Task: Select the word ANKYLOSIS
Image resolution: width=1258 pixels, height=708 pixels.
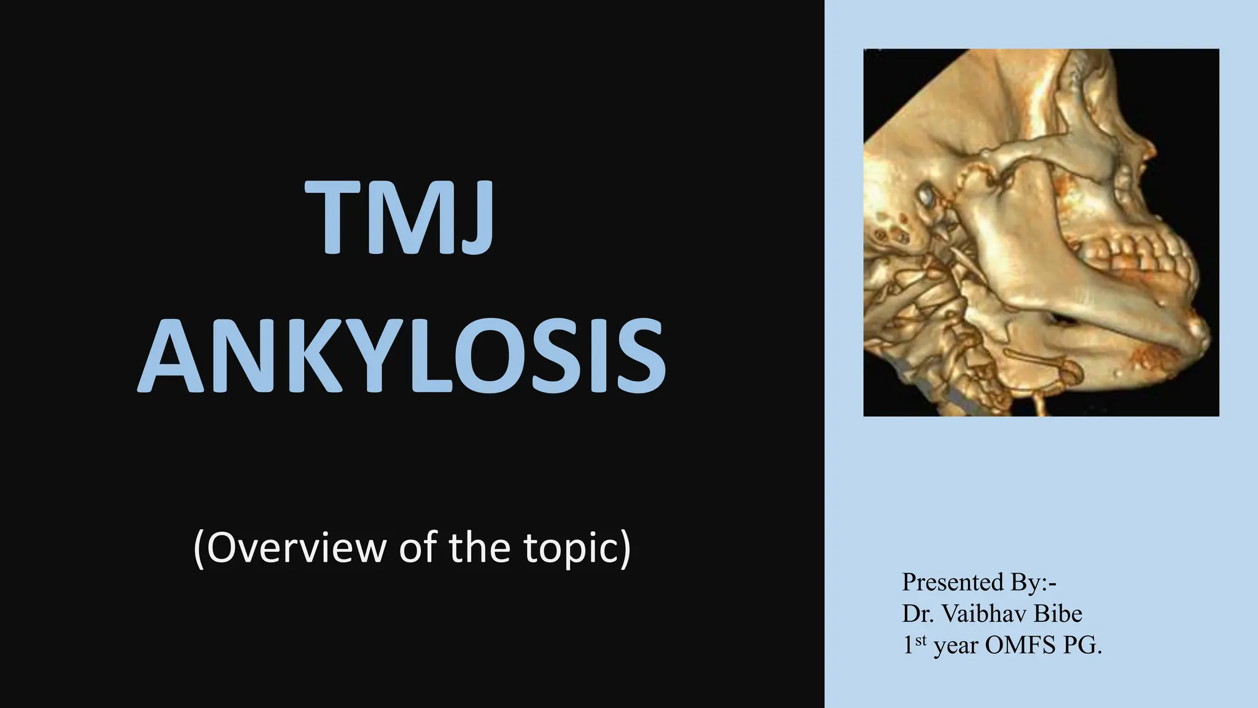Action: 401,356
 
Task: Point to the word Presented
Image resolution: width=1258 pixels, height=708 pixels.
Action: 951,581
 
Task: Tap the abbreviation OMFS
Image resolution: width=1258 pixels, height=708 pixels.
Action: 1020,645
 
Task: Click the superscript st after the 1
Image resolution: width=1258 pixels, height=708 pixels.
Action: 920,640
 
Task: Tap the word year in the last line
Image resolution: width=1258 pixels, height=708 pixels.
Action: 956,647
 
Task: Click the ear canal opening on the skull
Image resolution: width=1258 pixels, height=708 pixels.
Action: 925,196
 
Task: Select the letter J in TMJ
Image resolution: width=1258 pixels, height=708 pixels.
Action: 474,219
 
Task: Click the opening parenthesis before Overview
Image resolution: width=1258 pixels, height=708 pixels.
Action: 199,548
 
